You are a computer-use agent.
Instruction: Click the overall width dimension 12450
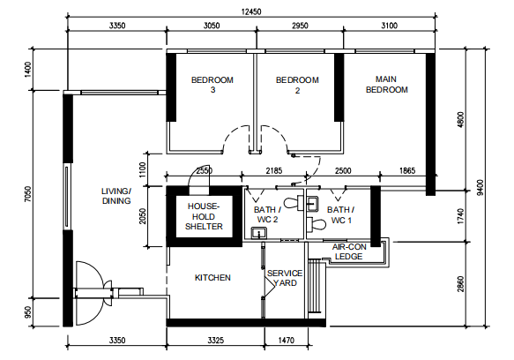click(251, 11)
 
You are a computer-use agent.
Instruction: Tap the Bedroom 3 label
click(212, 85)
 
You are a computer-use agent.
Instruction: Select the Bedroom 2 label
click(297, 85)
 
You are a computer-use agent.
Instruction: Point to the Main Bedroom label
click(387, 85)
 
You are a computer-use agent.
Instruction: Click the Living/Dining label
click(116, 196)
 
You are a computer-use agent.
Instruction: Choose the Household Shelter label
click(204, 216)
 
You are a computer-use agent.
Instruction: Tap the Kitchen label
click(212, 278)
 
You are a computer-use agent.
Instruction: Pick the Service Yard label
click(285, 278)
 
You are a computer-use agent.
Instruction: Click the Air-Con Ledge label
click(349, 251)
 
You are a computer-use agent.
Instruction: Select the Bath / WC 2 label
click(267, 214)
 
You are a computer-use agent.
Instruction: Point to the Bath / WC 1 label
click(341, 215)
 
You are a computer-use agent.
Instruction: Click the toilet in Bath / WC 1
click(317, 224)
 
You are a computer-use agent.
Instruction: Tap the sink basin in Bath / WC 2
click(259, 233)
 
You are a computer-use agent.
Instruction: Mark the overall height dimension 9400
click(480, 187)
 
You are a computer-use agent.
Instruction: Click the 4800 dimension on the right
click(460, 120)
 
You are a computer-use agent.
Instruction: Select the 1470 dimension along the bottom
click(287, 341)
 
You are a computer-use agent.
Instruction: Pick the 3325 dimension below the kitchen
click(216, 341)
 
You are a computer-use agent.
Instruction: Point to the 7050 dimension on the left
click(28, 194)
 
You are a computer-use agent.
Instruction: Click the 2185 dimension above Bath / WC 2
click(273, 170)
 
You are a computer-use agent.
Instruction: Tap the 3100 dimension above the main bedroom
click(389, 26)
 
